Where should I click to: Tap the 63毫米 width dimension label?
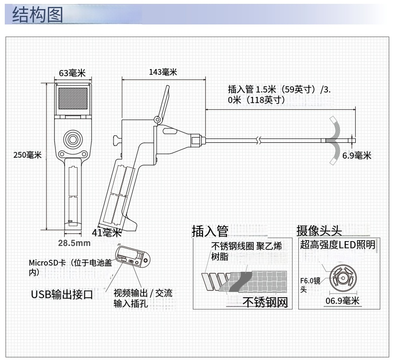coord(72,73)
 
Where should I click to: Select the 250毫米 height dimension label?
coord(28,155)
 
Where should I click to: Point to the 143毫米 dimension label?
coord(163,72)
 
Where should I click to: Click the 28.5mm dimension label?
coord(74,243)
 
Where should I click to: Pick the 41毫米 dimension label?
coord(106,233)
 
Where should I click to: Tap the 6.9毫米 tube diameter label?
coord(357,155)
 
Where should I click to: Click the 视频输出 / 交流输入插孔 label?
coord(142,298)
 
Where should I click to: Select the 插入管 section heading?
coord(210,231)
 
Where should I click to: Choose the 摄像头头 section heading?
coord(319,231)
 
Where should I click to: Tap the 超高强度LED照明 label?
coord(338,245)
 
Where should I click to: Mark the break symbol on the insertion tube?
coord(259,140)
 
